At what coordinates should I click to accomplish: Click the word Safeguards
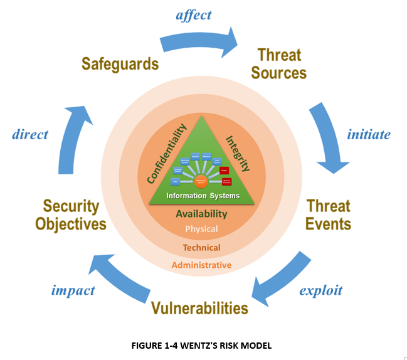coord(120,63)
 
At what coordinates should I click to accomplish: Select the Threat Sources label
coord(278,63)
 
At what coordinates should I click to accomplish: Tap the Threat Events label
coord(328,214)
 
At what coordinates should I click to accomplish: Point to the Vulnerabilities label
coord(199,308)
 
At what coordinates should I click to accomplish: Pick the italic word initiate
coord(369,134)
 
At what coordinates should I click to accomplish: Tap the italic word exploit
coord(320,290)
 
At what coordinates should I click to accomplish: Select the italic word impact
coord(73,290)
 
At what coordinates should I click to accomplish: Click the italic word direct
coord(29,134)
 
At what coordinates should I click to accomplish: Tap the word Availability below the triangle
coord(201,214)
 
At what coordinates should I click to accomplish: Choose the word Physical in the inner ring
coord(201,229)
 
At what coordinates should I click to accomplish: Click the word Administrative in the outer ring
coord(201,265)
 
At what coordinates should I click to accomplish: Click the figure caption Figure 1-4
coord(202,344)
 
